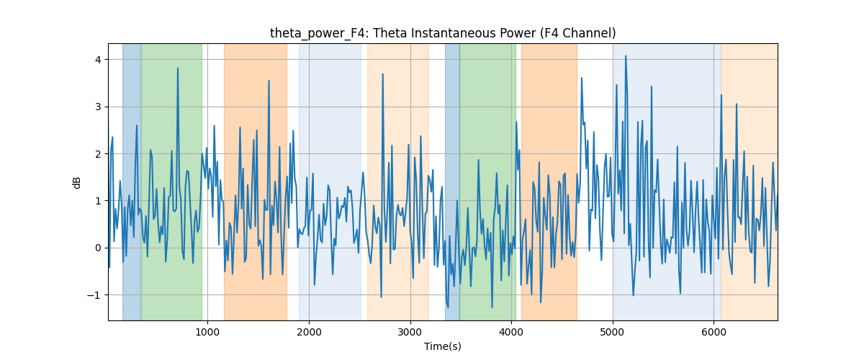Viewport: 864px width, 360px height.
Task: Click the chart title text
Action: coord(443,33)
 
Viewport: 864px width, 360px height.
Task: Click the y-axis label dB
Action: coord(76,182)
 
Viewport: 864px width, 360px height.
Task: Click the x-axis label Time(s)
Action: coord(443,346)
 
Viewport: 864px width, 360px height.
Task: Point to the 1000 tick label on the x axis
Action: coord(207,332)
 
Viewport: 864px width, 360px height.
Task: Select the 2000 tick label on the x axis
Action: coord(309,332)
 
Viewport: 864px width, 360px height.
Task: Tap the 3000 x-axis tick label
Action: coord(410,332)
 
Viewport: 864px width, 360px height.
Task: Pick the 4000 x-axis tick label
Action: coord(511,332)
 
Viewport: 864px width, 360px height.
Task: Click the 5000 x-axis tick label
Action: coord(613,332)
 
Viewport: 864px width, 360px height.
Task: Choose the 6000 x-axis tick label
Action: coord(714,332)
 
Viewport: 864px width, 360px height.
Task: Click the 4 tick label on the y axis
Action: coord(99,60)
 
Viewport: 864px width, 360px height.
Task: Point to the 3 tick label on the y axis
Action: coord(99,107)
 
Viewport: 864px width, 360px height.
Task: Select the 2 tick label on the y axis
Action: coord(99,154)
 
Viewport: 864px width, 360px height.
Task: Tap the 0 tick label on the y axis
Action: coord(99,248)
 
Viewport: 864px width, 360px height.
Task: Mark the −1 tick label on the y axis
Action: coord(94,295)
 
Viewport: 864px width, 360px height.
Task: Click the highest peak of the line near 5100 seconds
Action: coord(626,56)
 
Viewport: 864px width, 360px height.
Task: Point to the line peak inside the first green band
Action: coord(178,68)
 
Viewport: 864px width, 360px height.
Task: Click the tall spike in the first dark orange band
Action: coord(269,81)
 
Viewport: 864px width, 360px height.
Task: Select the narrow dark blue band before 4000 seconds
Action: coord(452,181)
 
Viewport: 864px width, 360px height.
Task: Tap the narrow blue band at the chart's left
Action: coord(132,181)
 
